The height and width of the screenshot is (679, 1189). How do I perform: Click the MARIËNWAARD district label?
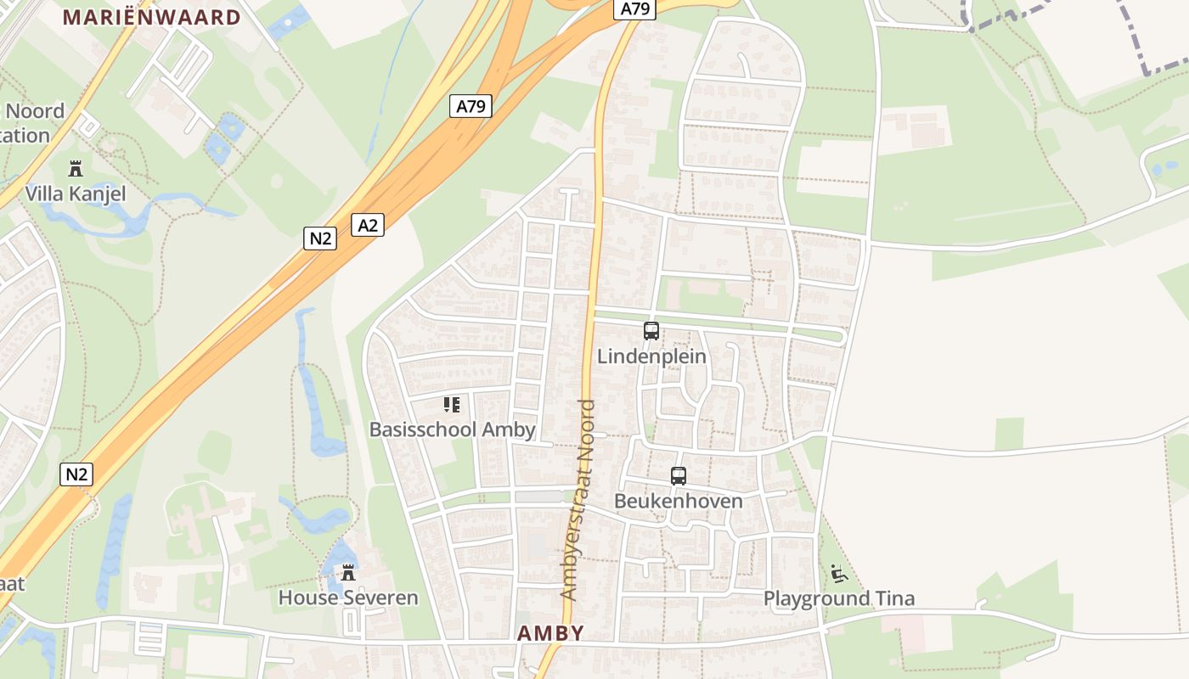(x=152, y=17)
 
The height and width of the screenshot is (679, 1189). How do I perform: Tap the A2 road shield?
(x=368, y=225)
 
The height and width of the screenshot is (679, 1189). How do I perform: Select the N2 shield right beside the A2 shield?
(x=320, y=238)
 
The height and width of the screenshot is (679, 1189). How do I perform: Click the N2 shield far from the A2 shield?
(x=76, y=474)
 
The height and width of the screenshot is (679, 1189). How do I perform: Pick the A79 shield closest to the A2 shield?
(x=471, y=106)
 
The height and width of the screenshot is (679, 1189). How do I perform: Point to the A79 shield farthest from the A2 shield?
(x=634, y=9)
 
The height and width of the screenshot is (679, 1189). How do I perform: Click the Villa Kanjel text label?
(x=76, y=194)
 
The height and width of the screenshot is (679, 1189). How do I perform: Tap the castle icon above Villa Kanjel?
(x=76, y=167)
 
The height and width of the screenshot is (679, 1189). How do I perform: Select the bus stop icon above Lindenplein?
(x=651, y=331)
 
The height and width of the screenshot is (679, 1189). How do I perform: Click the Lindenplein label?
(x=651, y=356)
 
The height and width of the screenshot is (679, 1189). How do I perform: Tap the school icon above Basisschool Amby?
(x=452, y=405)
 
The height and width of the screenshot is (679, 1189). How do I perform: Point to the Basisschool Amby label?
(x=452, y=429)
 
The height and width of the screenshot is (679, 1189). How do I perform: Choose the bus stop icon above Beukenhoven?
(x=678, y=476)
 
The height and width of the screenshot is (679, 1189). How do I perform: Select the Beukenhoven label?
(x=678, y=501)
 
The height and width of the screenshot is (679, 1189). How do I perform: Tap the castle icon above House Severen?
(x=348, y=573)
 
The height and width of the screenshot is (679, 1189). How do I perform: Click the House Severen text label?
(x=348, y=598)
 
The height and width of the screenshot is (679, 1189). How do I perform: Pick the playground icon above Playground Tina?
(x=839, y=575)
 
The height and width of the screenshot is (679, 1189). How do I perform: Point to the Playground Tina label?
(x=839, y=598)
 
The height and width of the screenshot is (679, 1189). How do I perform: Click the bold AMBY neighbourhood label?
(x=550, y=633)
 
